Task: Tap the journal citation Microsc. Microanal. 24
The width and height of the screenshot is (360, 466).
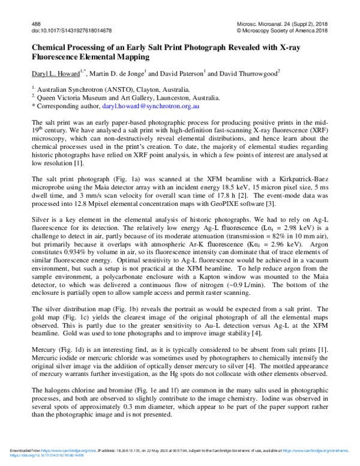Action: point(274,22)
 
